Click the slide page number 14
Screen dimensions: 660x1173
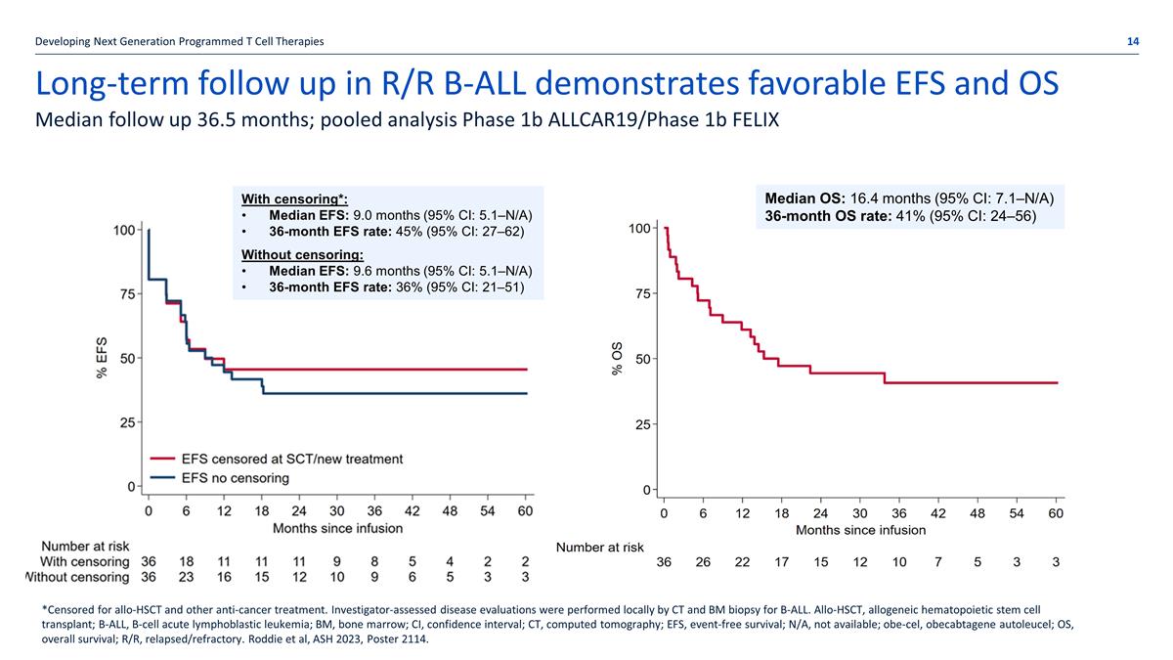click(1132, 40)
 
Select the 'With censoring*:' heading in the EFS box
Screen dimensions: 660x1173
click(294, 198)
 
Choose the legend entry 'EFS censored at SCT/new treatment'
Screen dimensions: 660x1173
click(289, 459)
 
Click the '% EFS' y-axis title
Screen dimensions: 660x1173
click(103, 360)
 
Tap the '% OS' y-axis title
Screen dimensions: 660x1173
click(617, 358)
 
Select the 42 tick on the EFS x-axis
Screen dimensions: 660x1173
click(412, 510)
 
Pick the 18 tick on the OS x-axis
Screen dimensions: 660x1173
click(781, 513)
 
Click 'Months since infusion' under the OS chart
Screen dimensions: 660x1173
click(860, 530)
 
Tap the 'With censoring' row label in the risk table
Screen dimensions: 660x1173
click(84, 561)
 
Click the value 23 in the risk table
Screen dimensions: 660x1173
click(186, 577)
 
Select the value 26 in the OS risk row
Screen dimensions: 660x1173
click(703, 562)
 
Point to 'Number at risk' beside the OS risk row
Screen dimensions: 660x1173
click(600, 548)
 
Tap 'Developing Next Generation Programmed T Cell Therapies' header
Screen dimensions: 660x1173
click(179, 40)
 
